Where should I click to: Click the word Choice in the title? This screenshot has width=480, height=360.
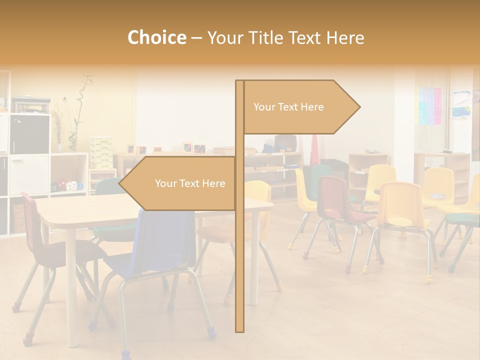click(x=156, y=38)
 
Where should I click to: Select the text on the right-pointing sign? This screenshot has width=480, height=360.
click(x=288, y=107)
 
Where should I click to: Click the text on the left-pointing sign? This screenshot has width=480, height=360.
click(x=190, y=183)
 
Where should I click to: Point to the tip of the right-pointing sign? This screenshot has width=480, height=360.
click(x=359, y=107)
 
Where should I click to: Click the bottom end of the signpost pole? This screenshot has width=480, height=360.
click(x=240, y=330)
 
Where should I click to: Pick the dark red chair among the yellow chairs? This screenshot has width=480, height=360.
click(x=334, y=200)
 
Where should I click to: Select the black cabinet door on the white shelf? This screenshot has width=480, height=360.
click(x=29, y=133)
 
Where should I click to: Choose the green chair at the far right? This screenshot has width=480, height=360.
click(x=462, y=220)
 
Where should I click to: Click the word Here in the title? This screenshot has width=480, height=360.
click(x=345, y=38)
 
